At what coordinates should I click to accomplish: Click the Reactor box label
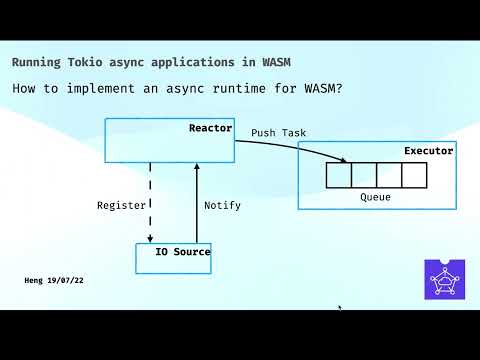point(210,129)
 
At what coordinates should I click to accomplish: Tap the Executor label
point(428,151)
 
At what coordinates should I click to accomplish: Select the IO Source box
point(174,258)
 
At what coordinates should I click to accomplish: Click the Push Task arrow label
point(278,132)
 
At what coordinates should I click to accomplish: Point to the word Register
point(121,205)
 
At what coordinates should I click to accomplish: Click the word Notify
point(222,205)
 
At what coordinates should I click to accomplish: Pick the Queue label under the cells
point(375,197)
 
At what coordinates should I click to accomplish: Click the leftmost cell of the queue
point(339,175)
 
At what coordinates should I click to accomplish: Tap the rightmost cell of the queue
point(414,175)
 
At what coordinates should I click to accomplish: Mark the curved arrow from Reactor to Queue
point(300,146)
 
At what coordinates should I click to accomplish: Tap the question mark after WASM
point(340,88)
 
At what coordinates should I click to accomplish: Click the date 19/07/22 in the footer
point(66,281)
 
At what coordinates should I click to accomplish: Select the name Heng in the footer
point(35,281)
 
